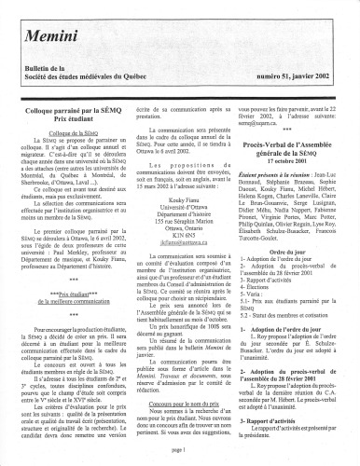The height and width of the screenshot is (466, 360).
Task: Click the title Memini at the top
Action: [65, 27]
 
